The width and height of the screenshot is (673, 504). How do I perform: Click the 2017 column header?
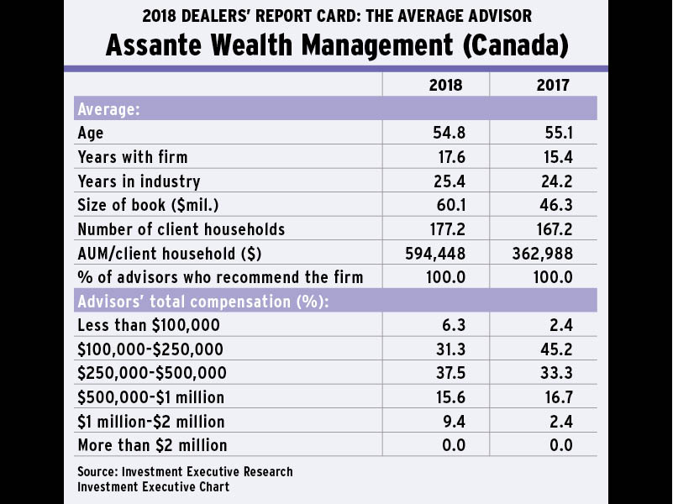pyautogui.click(x=552, y=85)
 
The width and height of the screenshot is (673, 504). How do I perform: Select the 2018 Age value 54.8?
pyautogui.click(x=449, y=133)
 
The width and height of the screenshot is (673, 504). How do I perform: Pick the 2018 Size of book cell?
pyautogui.click(x=449, y=205)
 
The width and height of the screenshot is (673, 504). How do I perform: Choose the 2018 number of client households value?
pyautogui.click(x=445, y=229)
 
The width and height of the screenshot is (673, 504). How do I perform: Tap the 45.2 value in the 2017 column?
pyautogui.click(x=556, y=349)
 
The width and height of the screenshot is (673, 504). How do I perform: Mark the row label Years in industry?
pyautogui.click(x=139, y=181)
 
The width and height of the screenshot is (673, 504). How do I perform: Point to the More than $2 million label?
pyautogui.click(x=152, y=445)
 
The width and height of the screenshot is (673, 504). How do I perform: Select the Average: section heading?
pyautogui.click(x=108, y=109)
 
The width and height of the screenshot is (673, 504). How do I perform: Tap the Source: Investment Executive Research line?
pyautogui.click(x=185, y=471)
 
